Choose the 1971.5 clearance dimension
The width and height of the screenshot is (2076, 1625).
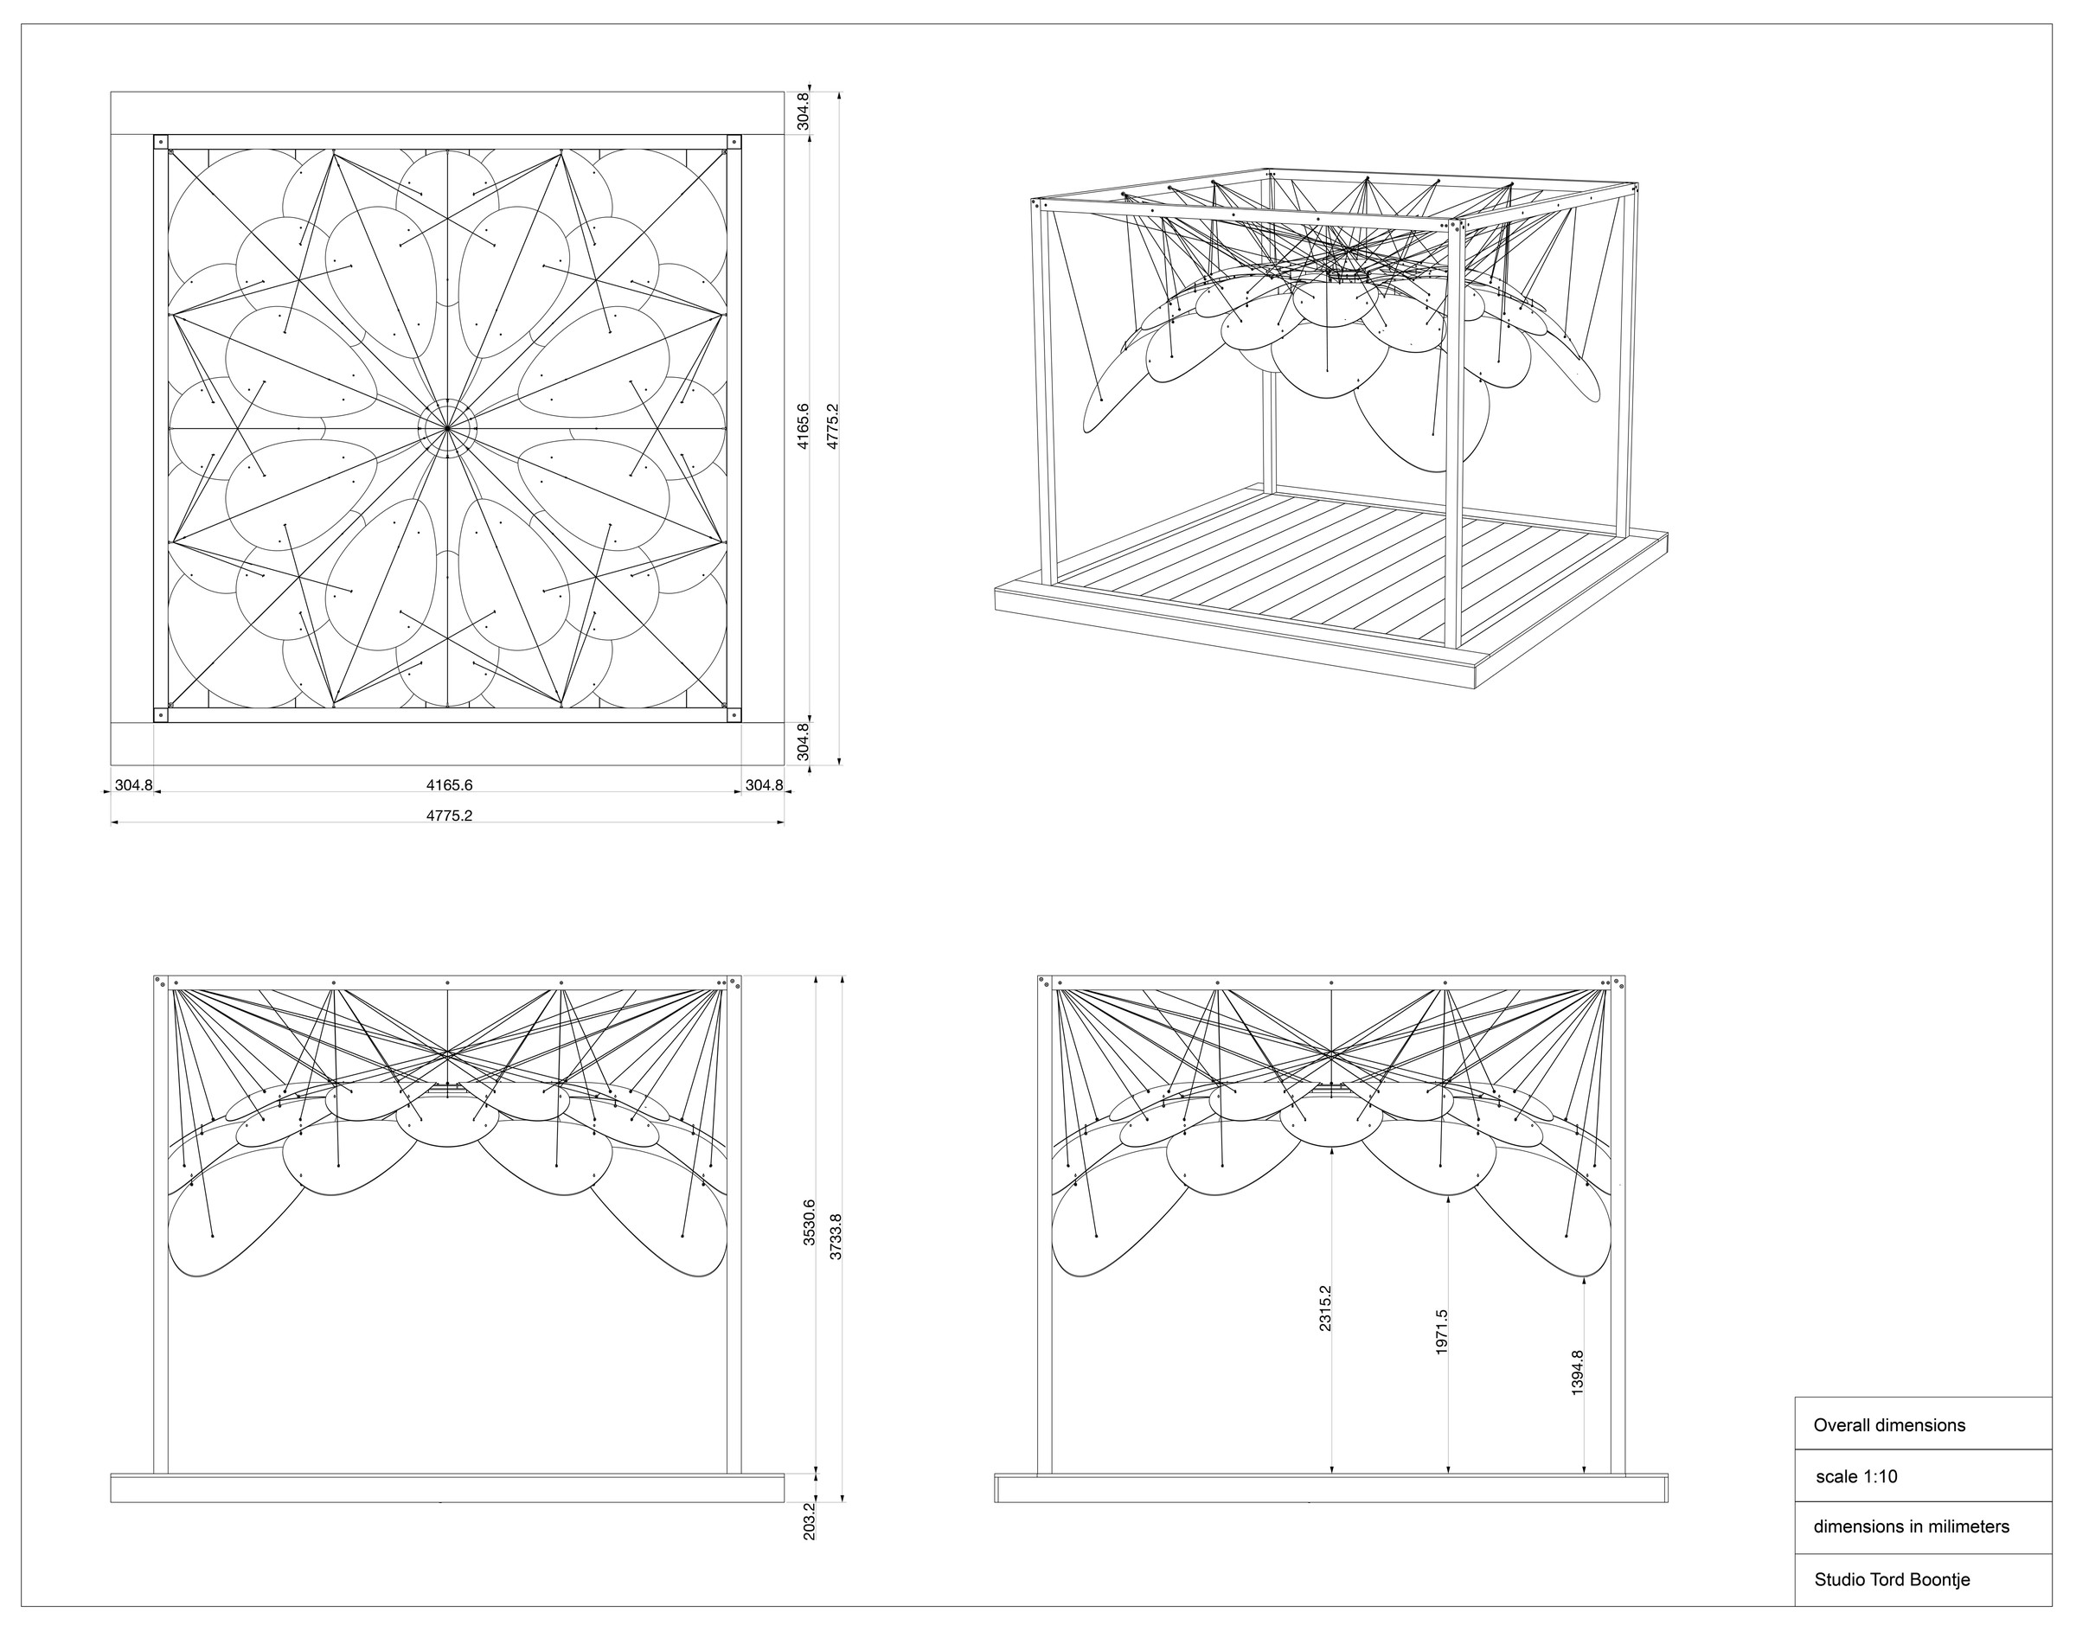tap(1441, 1331)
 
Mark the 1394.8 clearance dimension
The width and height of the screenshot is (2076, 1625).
tap(1578, 1372)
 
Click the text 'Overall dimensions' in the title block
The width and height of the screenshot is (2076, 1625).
tap(1888, 1425)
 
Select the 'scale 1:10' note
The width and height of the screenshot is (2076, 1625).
tap(1856, 1476)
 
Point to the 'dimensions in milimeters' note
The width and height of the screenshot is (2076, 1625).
tap(1912, 1527)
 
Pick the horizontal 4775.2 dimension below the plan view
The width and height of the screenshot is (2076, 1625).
tap(449, 816)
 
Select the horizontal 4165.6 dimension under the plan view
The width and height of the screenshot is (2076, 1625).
tap(449, 785)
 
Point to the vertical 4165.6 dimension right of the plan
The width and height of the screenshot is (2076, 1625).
tap(804, 427)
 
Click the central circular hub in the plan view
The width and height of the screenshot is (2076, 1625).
tap(447, 429)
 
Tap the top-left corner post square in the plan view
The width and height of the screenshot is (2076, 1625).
tap(160, 142)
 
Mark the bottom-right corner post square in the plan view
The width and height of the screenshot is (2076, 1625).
tap(734, 714)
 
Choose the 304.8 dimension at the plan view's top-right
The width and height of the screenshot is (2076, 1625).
tap(804, 112)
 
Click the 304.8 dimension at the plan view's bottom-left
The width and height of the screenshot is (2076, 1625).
tap(133, 785)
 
